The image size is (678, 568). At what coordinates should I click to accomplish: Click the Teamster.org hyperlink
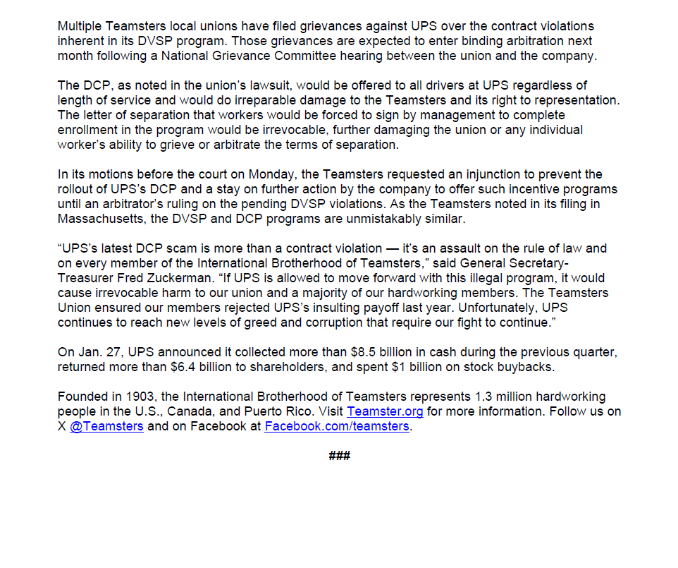tap(385, 411)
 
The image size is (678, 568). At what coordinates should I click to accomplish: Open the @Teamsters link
tap(106, 427)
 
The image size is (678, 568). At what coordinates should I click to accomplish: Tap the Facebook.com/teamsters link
tap(337, 427)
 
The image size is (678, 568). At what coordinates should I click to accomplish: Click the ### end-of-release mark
tap(340, 456)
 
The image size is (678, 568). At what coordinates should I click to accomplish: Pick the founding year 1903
tap(130, 397)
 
